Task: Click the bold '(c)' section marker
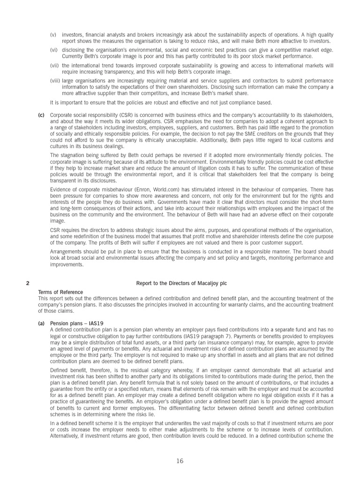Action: pyautogui.click(x=41, y=115)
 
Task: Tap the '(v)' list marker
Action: pyautogui.click(x=53, y=35)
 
